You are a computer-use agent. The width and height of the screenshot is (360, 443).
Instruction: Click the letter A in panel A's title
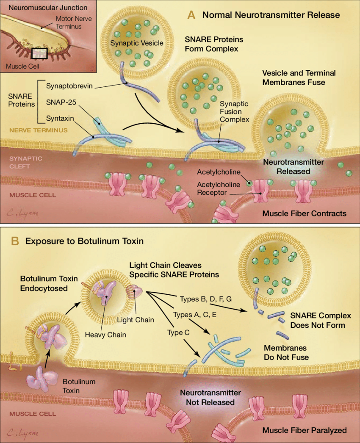191,15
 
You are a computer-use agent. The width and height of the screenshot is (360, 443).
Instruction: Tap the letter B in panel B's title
15,241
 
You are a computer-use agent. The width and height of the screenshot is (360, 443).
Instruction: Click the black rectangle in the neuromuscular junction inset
39,53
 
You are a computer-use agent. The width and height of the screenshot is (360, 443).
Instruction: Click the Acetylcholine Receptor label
219,189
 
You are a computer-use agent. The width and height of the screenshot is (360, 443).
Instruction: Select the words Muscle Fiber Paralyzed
304,430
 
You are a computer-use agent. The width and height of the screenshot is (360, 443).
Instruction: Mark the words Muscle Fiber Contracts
304,213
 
